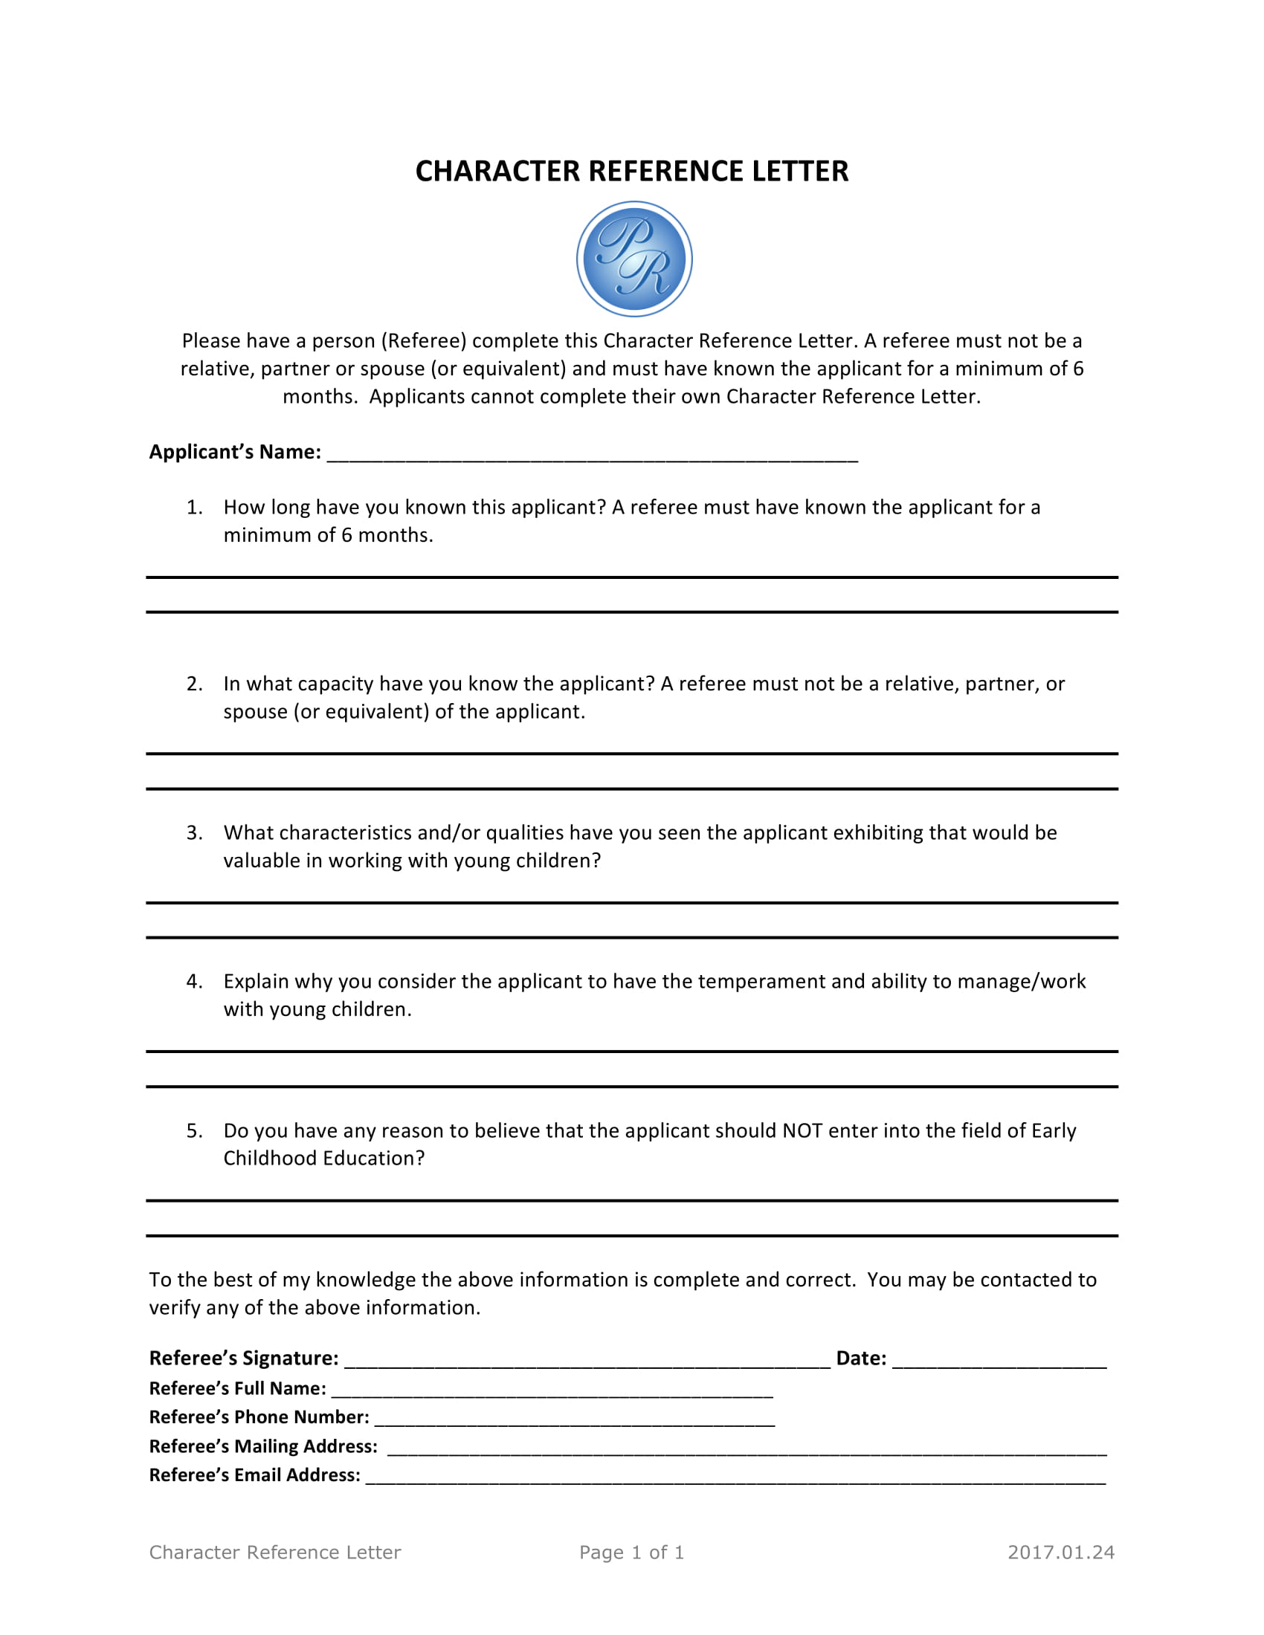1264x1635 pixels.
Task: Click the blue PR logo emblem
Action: [x=633, y=259]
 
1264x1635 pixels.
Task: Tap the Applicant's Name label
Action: [x=234, y=452]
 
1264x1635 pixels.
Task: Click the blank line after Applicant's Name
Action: [x=592, y=456]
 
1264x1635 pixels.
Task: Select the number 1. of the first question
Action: [x=194, y=508]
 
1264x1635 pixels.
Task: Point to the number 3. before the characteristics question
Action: [x=194, y=833]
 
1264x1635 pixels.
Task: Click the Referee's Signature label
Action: [x=243, y=1358]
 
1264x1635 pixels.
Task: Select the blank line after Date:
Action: [x=999, y=1362]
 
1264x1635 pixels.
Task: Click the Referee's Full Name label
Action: [x=237, y=1389]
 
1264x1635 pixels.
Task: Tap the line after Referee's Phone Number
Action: [x=573, y=1422]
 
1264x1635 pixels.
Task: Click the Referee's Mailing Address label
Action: [x=262, y=1446]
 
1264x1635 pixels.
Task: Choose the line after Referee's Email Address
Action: [x=735, y=1479]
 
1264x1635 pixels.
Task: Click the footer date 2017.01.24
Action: [x=1060, y=1553]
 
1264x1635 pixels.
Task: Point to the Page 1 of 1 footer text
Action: [x=631, y=1553]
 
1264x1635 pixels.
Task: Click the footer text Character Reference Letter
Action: [x=275, y=1553]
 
